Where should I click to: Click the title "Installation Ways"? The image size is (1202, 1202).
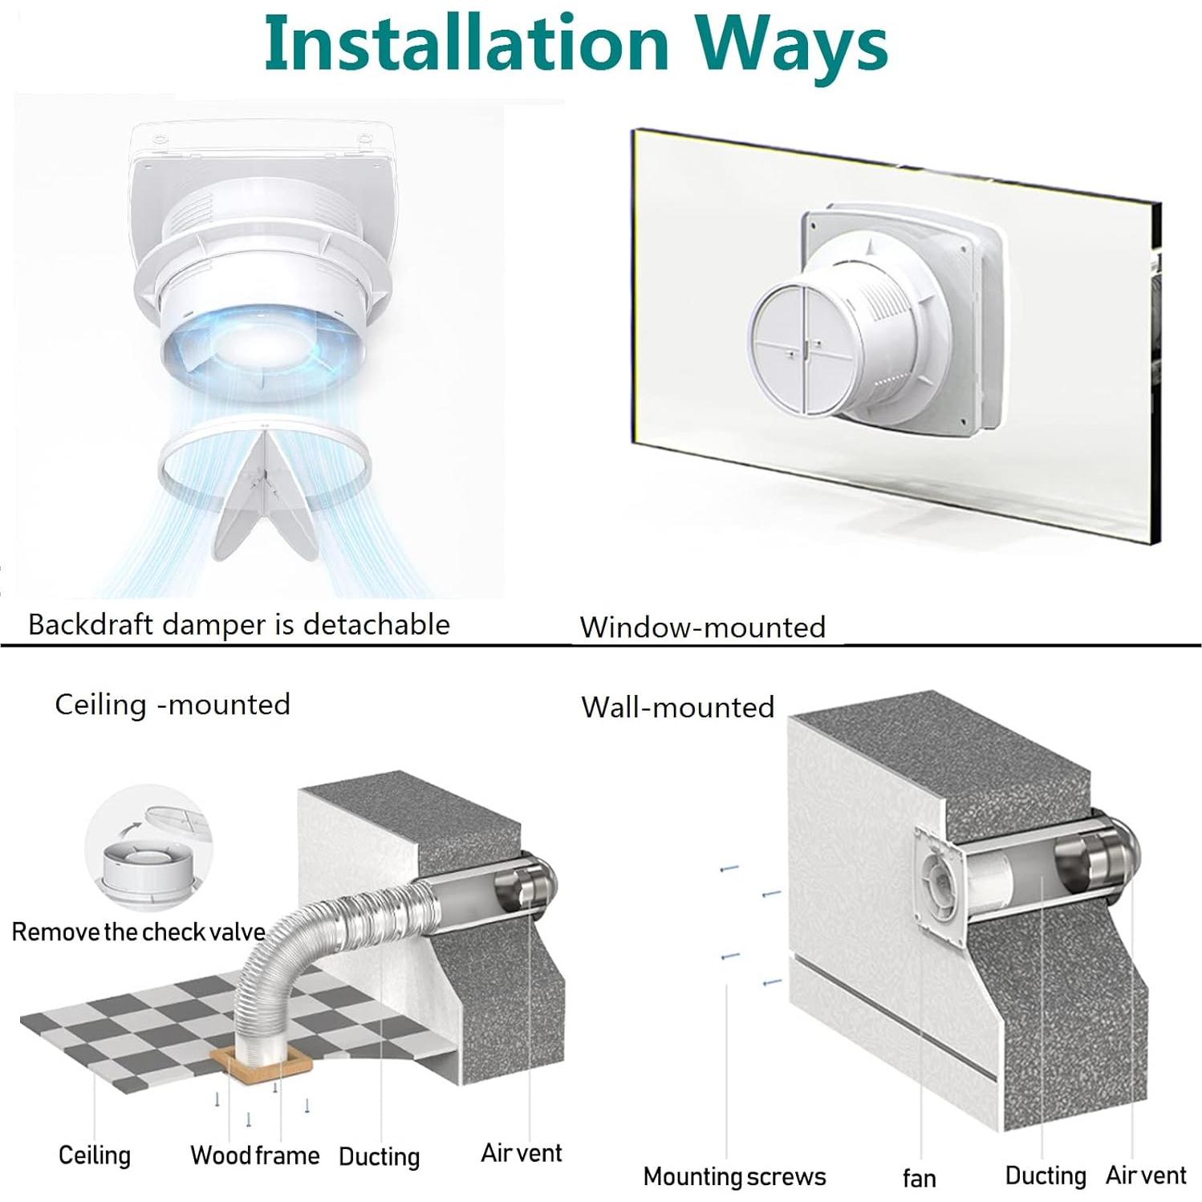pos(575,44)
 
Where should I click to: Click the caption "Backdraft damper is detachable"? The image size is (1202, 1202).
pos(239,624)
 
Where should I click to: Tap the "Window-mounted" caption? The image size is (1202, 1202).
pos(702,627)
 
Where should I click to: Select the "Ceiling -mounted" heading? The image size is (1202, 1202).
pos(172,705)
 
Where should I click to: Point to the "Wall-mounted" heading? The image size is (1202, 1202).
pos(677,707)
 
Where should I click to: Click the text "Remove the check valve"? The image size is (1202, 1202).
pos(138,932)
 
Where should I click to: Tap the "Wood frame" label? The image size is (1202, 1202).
pos(254,1155)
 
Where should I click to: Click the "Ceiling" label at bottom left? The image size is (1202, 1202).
pos(94,1155)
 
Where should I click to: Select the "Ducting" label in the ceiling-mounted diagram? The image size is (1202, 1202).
pos(379,1156)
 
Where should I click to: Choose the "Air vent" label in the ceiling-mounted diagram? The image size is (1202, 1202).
pos(521,1153)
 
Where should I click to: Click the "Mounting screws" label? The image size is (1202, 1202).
pos(734,1176)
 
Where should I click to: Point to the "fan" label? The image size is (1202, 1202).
pos(919,1178)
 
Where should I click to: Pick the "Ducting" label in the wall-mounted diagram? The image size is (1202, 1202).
pos(1045,1176)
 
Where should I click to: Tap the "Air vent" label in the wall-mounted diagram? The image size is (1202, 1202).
pos(1145,1176)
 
